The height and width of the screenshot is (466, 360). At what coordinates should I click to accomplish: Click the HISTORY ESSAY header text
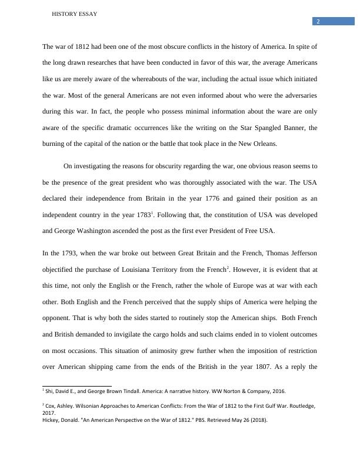point(75,14)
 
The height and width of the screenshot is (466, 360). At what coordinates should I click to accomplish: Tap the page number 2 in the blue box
point(318,22)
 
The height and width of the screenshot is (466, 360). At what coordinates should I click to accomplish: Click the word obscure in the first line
point(159,46)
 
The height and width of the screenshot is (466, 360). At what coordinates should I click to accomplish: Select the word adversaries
point(299,95)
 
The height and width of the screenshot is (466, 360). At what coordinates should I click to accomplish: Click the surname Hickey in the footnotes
point(52,420)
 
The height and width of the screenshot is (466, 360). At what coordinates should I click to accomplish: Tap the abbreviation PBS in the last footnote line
point(204,420)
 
